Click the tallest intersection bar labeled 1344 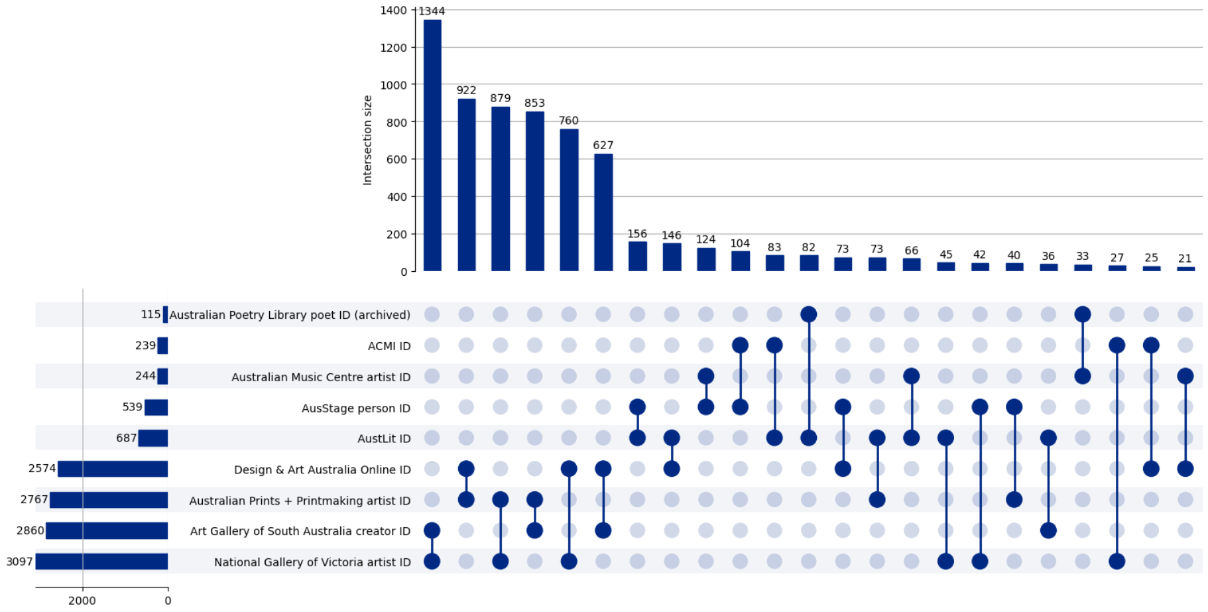coord(432,145)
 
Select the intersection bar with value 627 coord(603,212)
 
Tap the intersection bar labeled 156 coord(638,256)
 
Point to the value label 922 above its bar coord(466,90)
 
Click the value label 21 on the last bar coord(1185,259)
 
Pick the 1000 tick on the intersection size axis coord(393,85)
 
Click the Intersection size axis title coord(367,140)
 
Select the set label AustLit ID coord(384,438)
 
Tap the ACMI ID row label coord(389,345)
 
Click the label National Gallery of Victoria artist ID coord(312,562)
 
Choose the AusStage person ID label coord(356,408)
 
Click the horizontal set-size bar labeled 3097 coord(101,562)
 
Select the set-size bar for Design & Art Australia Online coord(113,469)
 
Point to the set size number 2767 coord(34,499)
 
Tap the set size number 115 coord(151,314)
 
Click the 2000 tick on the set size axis coord(82,600)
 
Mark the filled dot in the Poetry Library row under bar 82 coord(809,314)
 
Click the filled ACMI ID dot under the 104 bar coord(740,345)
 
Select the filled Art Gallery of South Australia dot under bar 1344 coord(432,530)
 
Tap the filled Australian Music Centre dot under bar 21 coord(1185,377)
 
